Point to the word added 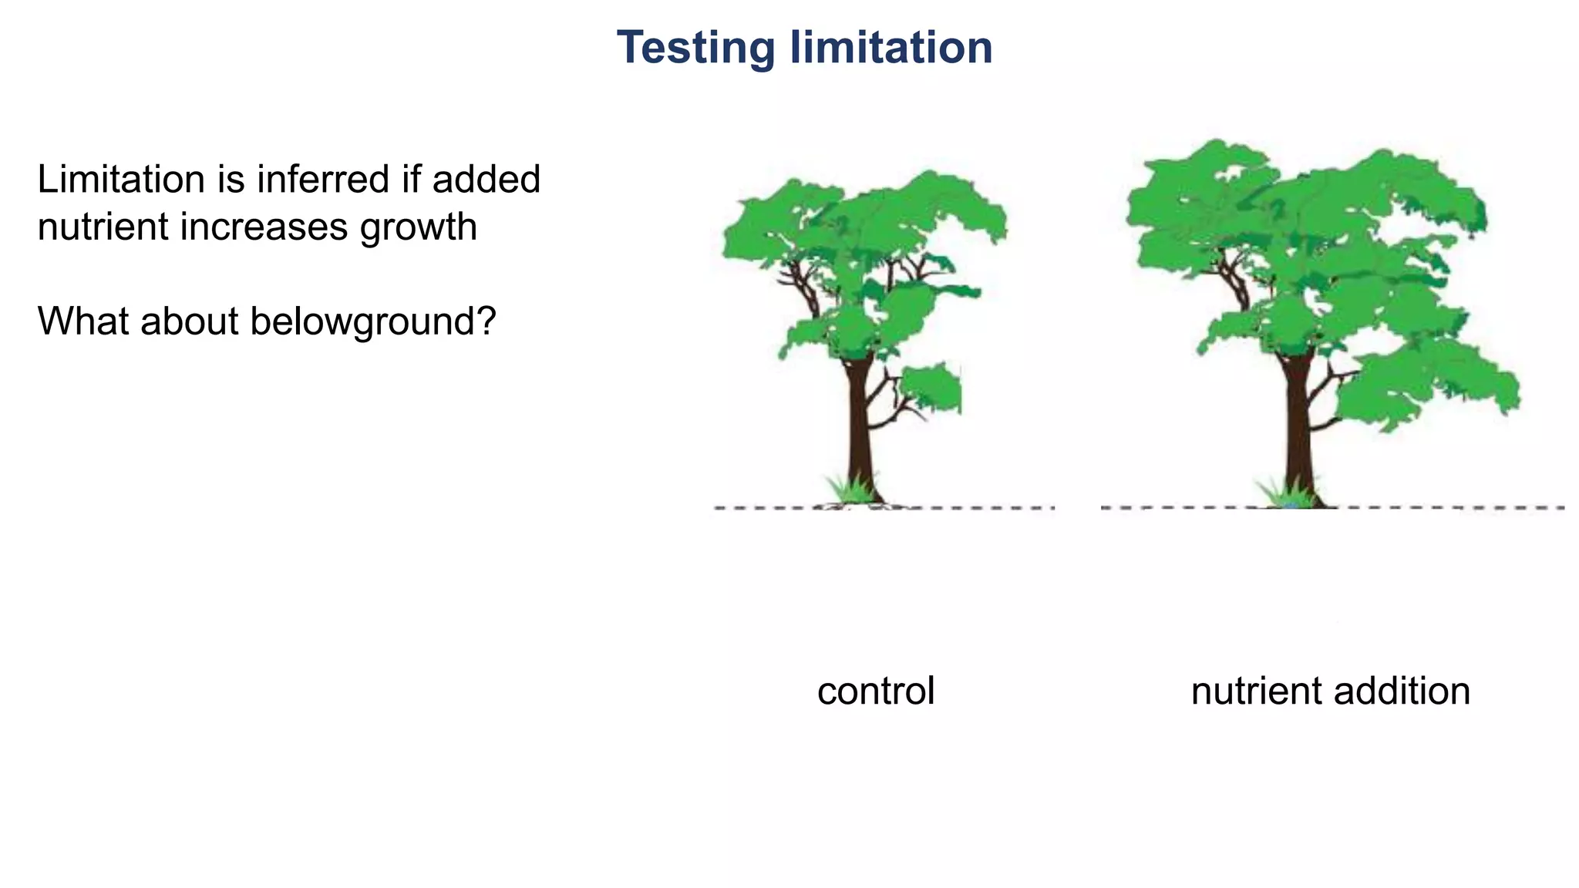[x=486, y=180]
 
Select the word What [x=84, y=321]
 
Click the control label [x=876, y=691]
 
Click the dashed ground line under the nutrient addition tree [x=1426, y=507]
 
